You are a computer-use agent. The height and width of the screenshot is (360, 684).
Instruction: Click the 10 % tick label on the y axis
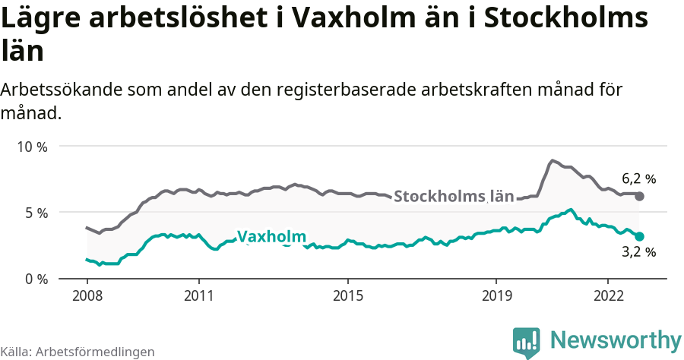click(32, 147)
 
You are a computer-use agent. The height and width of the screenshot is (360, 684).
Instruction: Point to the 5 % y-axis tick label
click(35, 213)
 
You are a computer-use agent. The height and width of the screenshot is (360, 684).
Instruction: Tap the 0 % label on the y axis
click(35, 279)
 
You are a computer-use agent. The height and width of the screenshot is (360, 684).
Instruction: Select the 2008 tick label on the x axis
click(87, 295)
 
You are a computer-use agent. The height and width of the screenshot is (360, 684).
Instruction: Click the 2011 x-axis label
click(198, 295)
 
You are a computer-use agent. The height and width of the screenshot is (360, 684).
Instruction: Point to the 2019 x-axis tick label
click(496, 295)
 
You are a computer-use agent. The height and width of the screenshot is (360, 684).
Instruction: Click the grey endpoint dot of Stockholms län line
click(640, 196)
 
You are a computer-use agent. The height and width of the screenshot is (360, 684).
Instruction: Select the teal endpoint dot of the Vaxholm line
click(640, 236)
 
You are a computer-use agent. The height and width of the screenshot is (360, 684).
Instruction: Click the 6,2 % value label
click(638, 179)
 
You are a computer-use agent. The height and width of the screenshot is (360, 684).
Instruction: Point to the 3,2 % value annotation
click(638, 252)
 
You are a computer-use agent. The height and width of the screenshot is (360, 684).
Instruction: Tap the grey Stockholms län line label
click(454, 196)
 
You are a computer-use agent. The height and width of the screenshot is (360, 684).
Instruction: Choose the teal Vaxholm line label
click(271, 237)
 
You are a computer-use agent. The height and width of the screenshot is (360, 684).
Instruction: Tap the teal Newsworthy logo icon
click(527, 342)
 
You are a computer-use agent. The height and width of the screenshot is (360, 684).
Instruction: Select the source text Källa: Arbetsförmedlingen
click(78, 352)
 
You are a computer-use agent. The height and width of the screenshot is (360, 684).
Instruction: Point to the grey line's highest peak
click(553, 160)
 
